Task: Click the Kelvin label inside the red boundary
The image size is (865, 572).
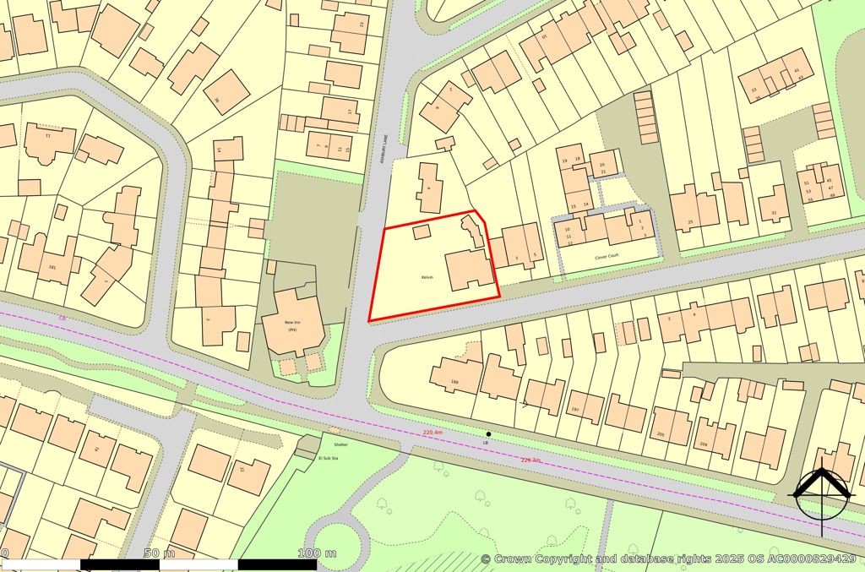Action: pos(427,277)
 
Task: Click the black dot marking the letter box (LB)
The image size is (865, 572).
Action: pos(488,434)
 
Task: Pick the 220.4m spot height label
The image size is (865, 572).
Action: pos(432,433)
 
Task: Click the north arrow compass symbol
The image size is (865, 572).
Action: pos(819,491)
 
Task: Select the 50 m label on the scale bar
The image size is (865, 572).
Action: pos(159,553)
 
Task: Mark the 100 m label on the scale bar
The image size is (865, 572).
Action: pos(318,553)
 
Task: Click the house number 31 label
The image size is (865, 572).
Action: pos(774,212)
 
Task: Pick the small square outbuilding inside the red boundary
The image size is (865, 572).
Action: pos(420,231)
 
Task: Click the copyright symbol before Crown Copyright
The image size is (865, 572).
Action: pos(486,559)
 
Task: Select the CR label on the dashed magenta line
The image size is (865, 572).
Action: pos(62,318)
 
